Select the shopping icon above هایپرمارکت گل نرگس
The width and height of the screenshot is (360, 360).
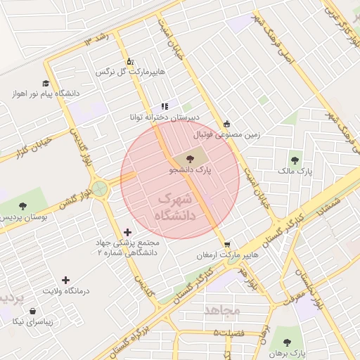point(129,61)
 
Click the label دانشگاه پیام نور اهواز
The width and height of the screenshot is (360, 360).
point(45,94)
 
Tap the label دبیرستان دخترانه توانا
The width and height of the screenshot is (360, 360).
point(163,117)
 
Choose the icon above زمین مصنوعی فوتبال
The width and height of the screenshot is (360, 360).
point(226,124)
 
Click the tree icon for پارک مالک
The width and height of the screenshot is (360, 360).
point(294,160)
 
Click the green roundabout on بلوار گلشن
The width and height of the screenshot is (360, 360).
point(100,188)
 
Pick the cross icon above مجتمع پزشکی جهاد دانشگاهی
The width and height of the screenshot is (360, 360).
point(127,231)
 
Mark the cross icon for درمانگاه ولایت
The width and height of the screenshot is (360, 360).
point(66,280)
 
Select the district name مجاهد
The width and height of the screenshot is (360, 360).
point(222,309)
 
